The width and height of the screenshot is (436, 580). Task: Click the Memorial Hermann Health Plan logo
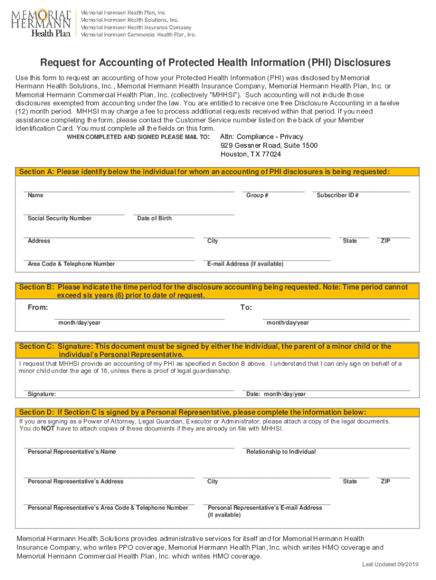coord(41,23)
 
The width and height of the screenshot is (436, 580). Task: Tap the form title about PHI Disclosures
coord(215,62)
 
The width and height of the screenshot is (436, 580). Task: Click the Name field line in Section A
coord(129,191)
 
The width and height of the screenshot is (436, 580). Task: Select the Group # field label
coord(257,195)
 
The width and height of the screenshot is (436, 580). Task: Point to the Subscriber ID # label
coord(337,195)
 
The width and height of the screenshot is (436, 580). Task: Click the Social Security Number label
coord(59,219)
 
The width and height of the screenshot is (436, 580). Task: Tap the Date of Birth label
coord(155,219)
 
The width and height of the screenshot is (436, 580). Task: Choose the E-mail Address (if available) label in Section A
coord(246,264)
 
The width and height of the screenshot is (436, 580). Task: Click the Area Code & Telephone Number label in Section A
coord(71,264)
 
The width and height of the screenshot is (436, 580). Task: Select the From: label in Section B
coord(38,308)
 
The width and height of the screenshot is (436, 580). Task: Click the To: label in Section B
coord(246,308)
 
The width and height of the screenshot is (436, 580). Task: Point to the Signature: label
coord(42,394)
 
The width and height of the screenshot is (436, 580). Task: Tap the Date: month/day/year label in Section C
coord(276,394)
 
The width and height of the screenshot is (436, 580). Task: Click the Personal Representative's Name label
coord(72,452)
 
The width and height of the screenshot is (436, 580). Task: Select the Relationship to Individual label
coord(281,452)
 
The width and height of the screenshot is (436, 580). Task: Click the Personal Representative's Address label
coord(75,481)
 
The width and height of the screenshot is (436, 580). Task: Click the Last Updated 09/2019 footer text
coord(391,565)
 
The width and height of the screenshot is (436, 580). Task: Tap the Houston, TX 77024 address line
coord(251,155)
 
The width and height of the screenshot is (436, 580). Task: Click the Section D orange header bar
coord(217,412)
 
